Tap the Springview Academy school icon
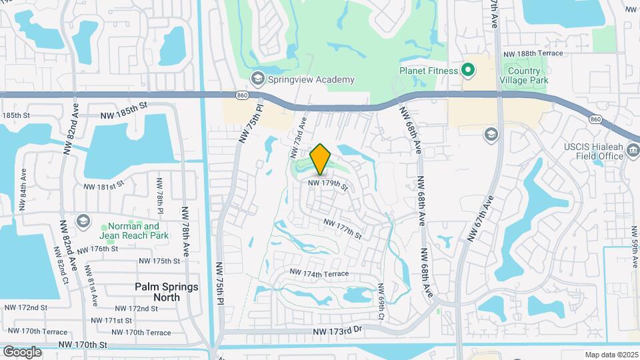257,79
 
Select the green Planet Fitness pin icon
468,70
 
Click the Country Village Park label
527,75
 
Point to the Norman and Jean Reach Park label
134,231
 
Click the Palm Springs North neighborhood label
157,291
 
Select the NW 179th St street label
327,185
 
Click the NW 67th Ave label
481,218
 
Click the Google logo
22,351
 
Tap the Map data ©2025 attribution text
611,355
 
